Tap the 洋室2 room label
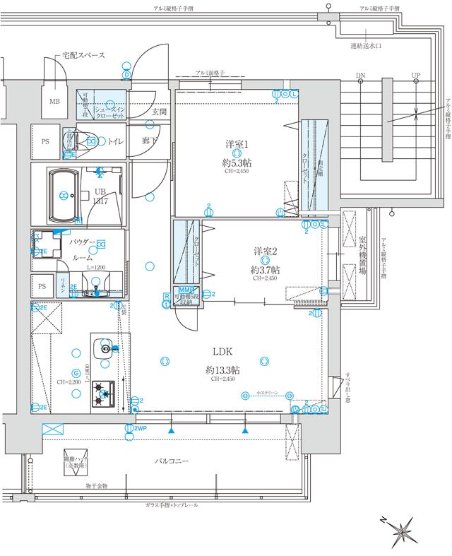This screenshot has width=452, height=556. pyautogui.click(x=265, y=252)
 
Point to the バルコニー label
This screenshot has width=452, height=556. pyautogui.click(x=172, y=461)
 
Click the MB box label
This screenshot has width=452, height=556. pyautogui.click(x=54, y=102)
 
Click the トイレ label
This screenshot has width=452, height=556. pyautogui.click(x=116, y=141)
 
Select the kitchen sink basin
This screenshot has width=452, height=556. pyautogui.click(x=107, y=348)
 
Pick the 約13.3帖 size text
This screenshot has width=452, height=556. pyautogui.click(x=222, y=369)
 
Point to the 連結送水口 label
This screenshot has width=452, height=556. pyautogui.click(x=366, y=46)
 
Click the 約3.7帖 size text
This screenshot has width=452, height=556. pyautogui.click(x=265, y=269)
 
